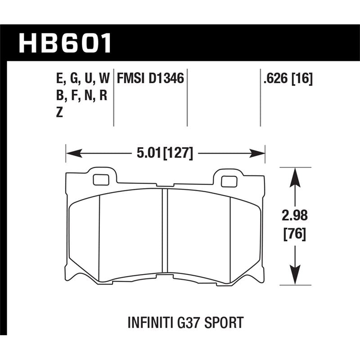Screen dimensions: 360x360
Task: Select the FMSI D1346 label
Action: click(150, 80)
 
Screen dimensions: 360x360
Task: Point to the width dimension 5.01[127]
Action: click(164, 154)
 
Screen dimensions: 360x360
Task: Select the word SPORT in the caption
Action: click(225, 322)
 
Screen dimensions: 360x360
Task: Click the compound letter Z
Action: click(58, 114)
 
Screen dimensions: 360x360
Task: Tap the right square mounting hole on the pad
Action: click(229, 181)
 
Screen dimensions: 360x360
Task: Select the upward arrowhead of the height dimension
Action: click(294, 175)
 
